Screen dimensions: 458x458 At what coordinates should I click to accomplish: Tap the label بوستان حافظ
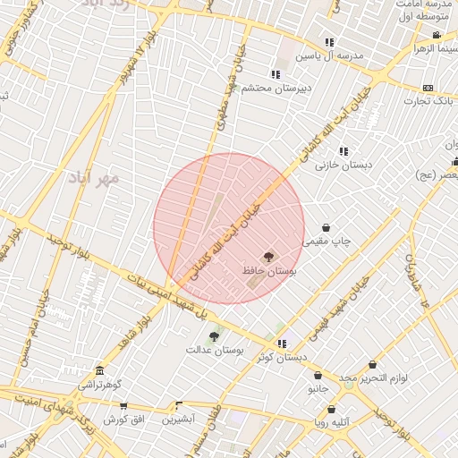269,269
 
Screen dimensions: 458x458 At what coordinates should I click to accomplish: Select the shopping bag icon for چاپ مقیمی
325,227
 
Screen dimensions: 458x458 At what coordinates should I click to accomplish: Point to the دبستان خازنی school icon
343,151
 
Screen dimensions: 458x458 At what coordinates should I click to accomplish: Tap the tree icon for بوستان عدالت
213,336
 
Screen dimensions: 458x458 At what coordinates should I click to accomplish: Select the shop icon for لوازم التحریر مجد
372,365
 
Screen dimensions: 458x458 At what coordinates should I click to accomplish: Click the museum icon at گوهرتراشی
98,370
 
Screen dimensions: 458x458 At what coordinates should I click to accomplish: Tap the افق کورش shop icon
123,406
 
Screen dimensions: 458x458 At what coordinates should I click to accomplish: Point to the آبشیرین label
178,418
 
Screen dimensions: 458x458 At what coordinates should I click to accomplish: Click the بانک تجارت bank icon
428,88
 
